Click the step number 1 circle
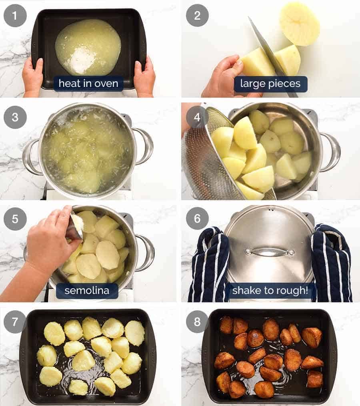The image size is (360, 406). pos(15,16)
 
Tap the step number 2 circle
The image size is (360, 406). pos(197,16)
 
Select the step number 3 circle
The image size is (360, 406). pos(15,117)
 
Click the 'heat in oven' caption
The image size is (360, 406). pos(88,84)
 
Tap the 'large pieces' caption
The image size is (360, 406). pos(270,84)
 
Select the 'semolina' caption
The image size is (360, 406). pos(87,291)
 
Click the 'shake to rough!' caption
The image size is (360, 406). pos(270,291)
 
